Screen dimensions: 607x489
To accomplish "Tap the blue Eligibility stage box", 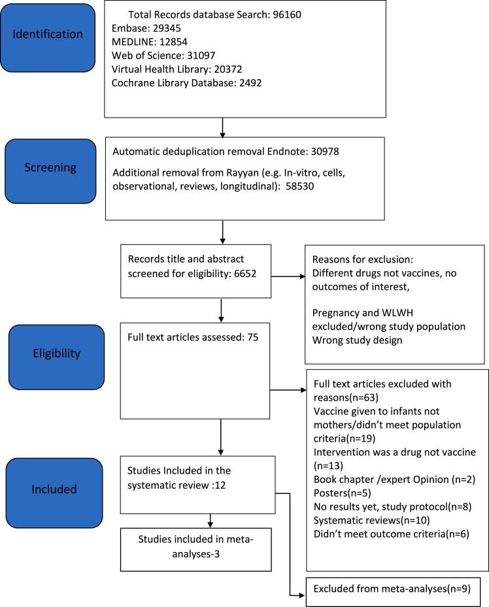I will point(57,354).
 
